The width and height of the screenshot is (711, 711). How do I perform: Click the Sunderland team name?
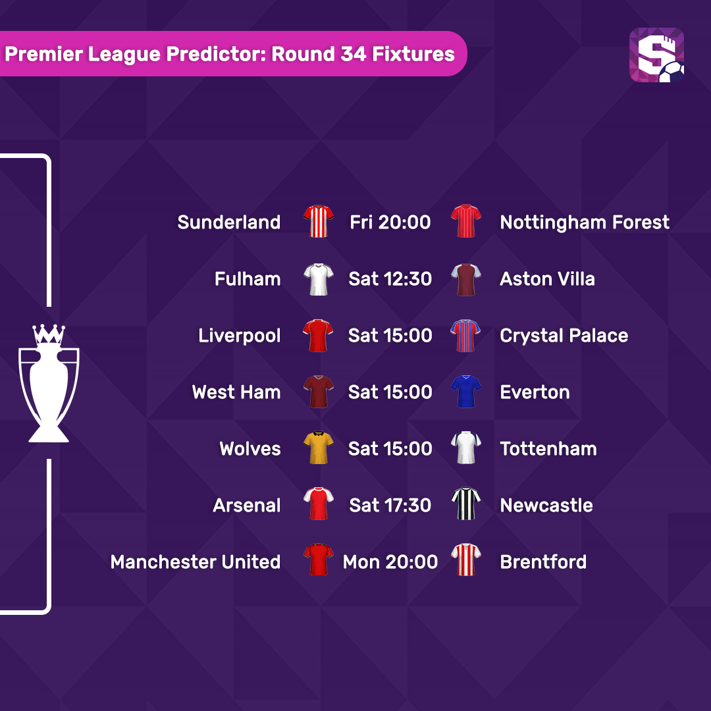tap(229, 223)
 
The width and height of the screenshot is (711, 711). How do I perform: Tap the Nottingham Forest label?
tap(585, 223)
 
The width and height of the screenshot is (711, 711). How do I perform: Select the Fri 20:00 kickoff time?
tap(390, 223)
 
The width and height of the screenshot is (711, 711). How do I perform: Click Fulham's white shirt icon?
tap(319, 279)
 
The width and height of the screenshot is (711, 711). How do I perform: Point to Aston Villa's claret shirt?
tap(465, 279)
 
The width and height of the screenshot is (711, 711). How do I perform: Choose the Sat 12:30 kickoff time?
tap(390, 279)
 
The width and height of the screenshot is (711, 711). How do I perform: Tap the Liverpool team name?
tap(240, 336)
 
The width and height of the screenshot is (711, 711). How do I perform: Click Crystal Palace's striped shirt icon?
tap(465, 336)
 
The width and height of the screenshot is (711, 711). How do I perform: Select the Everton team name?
tap(535, 392)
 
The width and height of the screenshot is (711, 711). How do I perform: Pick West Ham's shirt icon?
tap(319, 392)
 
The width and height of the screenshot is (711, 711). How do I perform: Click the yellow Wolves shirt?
tap(319, 448)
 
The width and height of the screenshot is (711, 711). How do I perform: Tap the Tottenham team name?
tap(548, 449)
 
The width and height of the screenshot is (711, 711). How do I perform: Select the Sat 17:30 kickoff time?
tap(390, 505)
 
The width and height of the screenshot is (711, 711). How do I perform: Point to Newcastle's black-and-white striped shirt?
tap(465, 504)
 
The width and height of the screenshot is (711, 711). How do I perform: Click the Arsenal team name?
tap(247, 505)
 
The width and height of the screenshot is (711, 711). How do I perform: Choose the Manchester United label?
tap(196, 562)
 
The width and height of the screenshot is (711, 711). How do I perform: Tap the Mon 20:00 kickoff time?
tap(390, 562)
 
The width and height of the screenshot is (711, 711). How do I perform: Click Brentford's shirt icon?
tap(465, 560)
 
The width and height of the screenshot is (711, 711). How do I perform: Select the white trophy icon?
tap(49, 383)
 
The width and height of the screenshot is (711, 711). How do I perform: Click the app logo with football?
tap(656, 55)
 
